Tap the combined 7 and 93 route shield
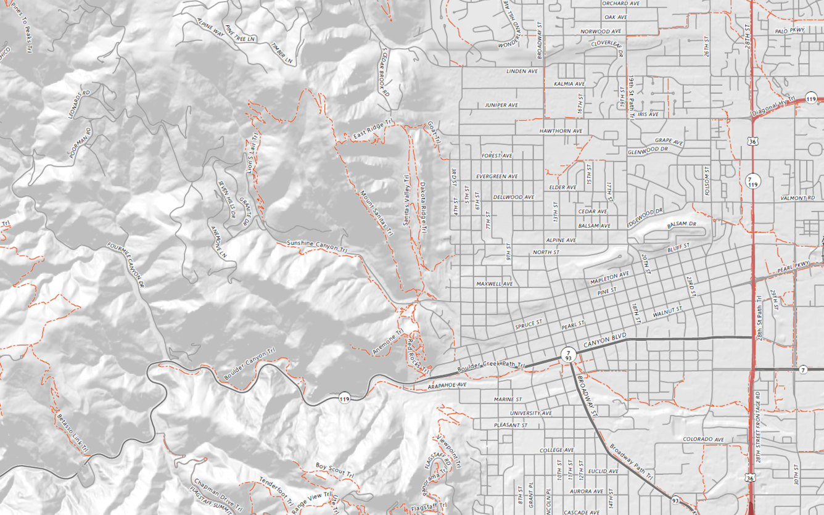coord(567,354)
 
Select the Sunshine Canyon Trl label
coord(318,245)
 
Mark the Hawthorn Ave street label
coord(561,131)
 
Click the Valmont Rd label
coord(793,198)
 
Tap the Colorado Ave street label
coord(703,439)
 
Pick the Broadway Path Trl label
coord(630,463)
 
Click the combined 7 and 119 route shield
coord(752,181)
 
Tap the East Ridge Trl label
coord(373,130)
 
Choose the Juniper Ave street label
coord(501,105)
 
